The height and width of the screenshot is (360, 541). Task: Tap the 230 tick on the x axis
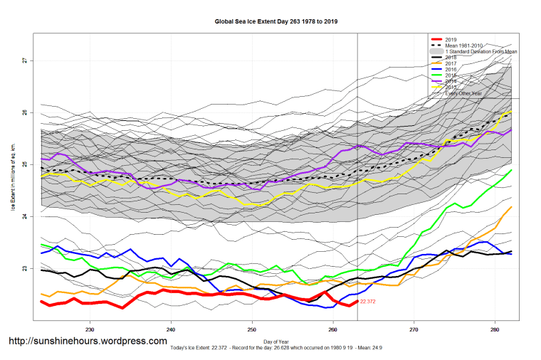click(90, 330)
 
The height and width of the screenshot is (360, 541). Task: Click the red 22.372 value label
click(368, 302)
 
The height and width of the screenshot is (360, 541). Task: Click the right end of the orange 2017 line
click(512, 207)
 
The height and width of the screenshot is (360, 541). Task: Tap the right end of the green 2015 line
click(512, 170)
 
